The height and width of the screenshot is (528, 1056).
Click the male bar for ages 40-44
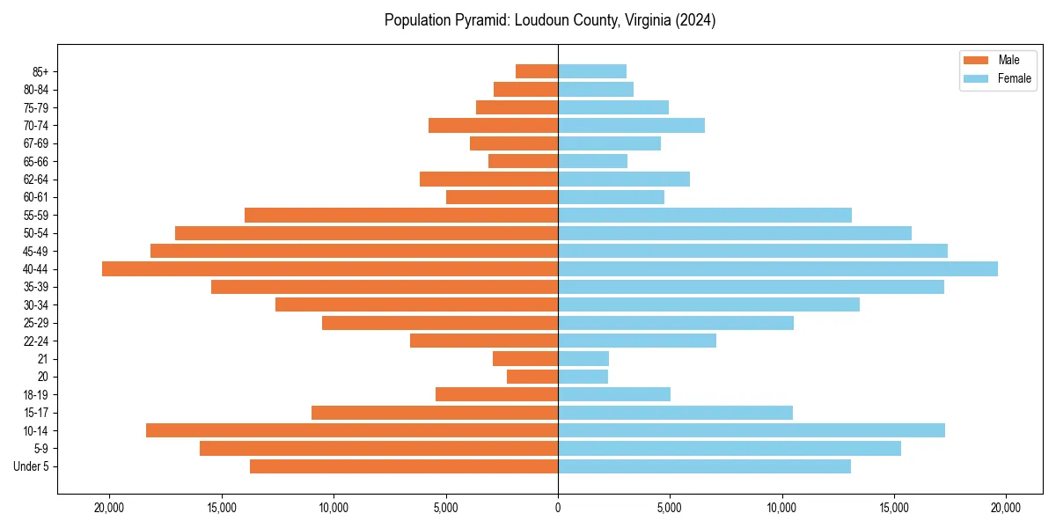coord(330,269)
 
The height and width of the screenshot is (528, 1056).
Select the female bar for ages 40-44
coord(778,269)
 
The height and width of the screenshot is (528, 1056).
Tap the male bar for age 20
coord(532,377)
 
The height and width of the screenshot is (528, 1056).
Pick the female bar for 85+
coord(592,71)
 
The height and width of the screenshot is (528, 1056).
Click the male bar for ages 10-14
coord(352,430)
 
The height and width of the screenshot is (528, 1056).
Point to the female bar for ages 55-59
coord(705,216)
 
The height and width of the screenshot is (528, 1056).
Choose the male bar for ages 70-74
coord(493,126)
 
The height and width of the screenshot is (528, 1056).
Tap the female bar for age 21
coord(583,359)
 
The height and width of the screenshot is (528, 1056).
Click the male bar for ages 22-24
coord(484,341)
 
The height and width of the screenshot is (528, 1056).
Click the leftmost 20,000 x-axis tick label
coord(110,508)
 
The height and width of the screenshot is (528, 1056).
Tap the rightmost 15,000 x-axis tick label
coord(894,508)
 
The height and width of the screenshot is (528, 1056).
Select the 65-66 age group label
coord(36,162)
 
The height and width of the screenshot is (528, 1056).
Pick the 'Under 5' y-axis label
coord(31,466)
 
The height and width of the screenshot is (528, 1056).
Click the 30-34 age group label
coord(36,305)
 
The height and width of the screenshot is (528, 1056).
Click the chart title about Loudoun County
coord(550,20)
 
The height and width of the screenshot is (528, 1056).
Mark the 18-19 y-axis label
coord(36,395)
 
